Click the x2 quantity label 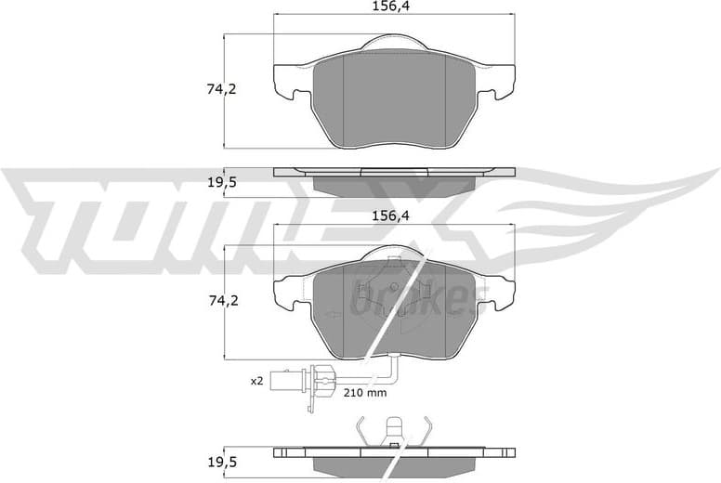point(257,380)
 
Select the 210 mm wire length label point(364,393)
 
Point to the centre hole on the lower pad point(394,286)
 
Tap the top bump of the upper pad point(394,42)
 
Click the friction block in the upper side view point(394,184)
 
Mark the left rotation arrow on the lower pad point(330,316)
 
